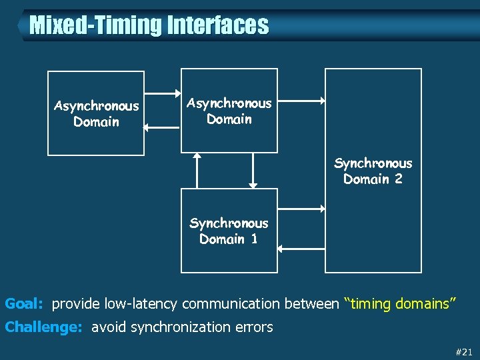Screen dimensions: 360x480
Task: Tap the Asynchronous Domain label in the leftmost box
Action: pyautogui.click(x=96, y=114)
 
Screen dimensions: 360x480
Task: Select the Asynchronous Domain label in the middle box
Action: pyautogui.click(x=229, y=111)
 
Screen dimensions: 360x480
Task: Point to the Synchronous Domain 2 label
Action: pyautogui.click(x=373, y=171)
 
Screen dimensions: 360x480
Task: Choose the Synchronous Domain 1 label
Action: pyautogui.click(x=229, y=231)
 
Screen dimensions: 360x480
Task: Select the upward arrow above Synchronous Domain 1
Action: pyautogui.click(x=197, y=170)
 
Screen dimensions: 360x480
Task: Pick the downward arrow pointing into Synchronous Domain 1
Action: pyautogui.click(x=252, y=170)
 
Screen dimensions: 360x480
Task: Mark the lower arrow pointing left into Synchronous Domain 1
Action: pyautogui.click(x=301, y=249)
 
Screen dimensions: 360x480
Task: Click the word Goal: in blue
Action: pyautogui.click(x=24, y=304)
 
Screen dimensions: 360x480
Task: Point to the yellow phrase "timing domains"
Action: pyautogui.click(x=399, y=304)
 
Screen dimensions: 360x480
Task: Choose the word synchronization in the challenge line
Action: pyautogui.click(x=185, y=327)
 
